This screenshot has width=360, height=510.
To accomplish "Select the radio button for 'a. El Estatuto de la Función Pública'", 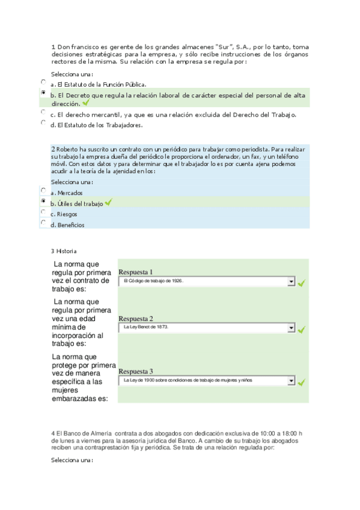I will click(x=43, y=82).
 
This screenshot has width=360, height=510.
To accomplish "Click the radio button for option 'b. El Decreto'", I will click(x=43, y=93).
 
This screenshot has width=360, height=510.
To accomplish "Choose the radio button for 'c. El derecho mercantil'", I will click(x=43, y=112).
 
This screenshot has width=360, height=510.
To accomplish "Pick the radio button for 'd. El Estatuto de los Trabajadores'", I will click(x=43, y=122).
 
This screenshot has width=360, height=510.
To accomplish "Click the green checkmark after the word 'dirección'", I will click(x=85, y=103).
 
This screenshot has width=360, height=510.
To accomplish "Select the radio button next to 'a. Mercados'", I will click(x=43, y=190).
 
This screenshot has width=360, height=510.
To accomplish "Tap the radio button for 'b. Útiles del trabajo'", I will click(x=43, y=201).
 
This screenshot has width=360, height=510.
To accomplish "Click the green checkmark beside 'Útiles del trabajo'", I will click(x=108, y=203).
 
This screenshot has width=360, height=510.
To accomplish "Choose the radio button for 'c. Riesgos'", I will click(x=43, y=212).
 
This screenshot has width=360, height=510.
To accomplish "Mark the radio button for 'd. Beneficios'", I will click(x=43, y=223).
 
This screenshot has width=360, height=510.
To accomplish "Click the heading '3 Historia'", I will click(x=64, y=251).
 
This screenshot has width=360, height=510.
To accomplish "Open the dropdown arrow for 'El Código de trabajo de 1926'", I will click(x=291, y=281).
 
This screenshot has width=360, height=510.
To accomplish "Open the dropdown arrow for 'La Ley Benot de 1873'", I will click(x=291, y=328).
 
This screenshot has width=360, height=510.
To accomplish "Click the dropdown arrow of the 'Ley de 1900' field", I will click(x=291, y=381).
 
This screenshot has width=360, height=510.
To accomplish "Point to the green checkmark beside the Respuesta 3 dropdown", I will click(x=302, y=382).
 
